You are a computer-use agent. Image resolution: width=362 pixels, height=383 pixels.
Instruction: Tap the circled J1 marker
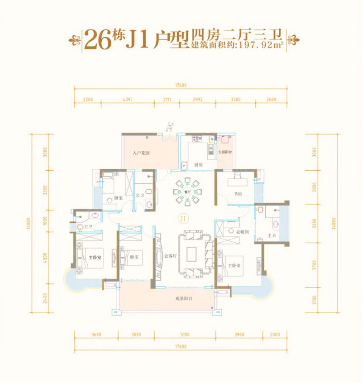click(182, 218)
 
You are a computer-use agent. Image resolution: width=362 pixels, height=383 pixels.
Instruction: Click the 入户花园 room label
click(141, 153)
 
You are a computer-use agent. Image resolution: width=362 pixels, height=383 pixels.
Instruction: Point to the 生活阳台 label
click(224, 152)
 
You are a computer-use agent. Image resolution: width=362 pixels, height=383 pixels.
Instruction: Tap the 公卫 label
click(140, 196)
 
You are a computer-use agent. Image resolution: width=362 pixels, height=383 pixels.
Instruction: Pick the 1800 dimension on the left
click(44, 222)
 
